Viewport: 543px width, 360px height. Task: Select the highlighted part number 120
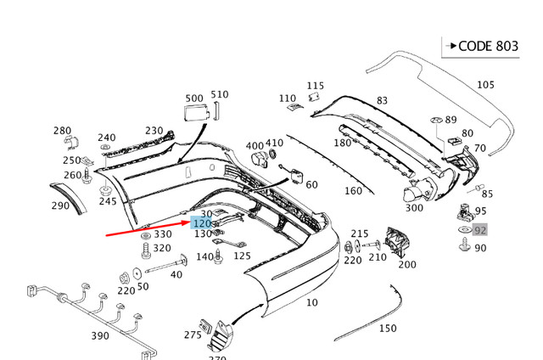click(201, 223)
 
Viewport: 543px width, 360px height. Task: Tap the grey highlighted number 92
click(480, 230)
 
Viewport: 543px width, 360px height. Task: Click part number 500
click(193, 98)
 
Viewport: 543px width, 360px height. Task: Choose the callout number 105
click(484, 84)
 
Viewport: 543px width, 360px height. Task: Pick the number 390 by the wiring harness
click(99, 336)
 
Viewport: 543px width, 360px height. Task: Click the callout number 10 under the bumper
click(312, 302)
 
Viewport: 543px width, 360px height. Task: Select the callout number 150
click(387, 328)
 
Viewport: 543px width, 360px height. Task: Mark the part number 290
click(59, 205)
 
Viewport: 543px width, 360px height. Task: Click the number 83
click(382, 101)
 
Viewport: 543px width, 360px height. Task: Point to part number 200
click(407, 264)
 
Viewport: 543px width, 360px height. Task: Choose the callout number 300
click(414, 208)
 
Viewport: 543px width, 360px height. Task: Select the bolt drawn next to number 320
click(145, 250)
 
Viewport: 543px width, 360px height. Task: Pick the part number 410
click(274, 143)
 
